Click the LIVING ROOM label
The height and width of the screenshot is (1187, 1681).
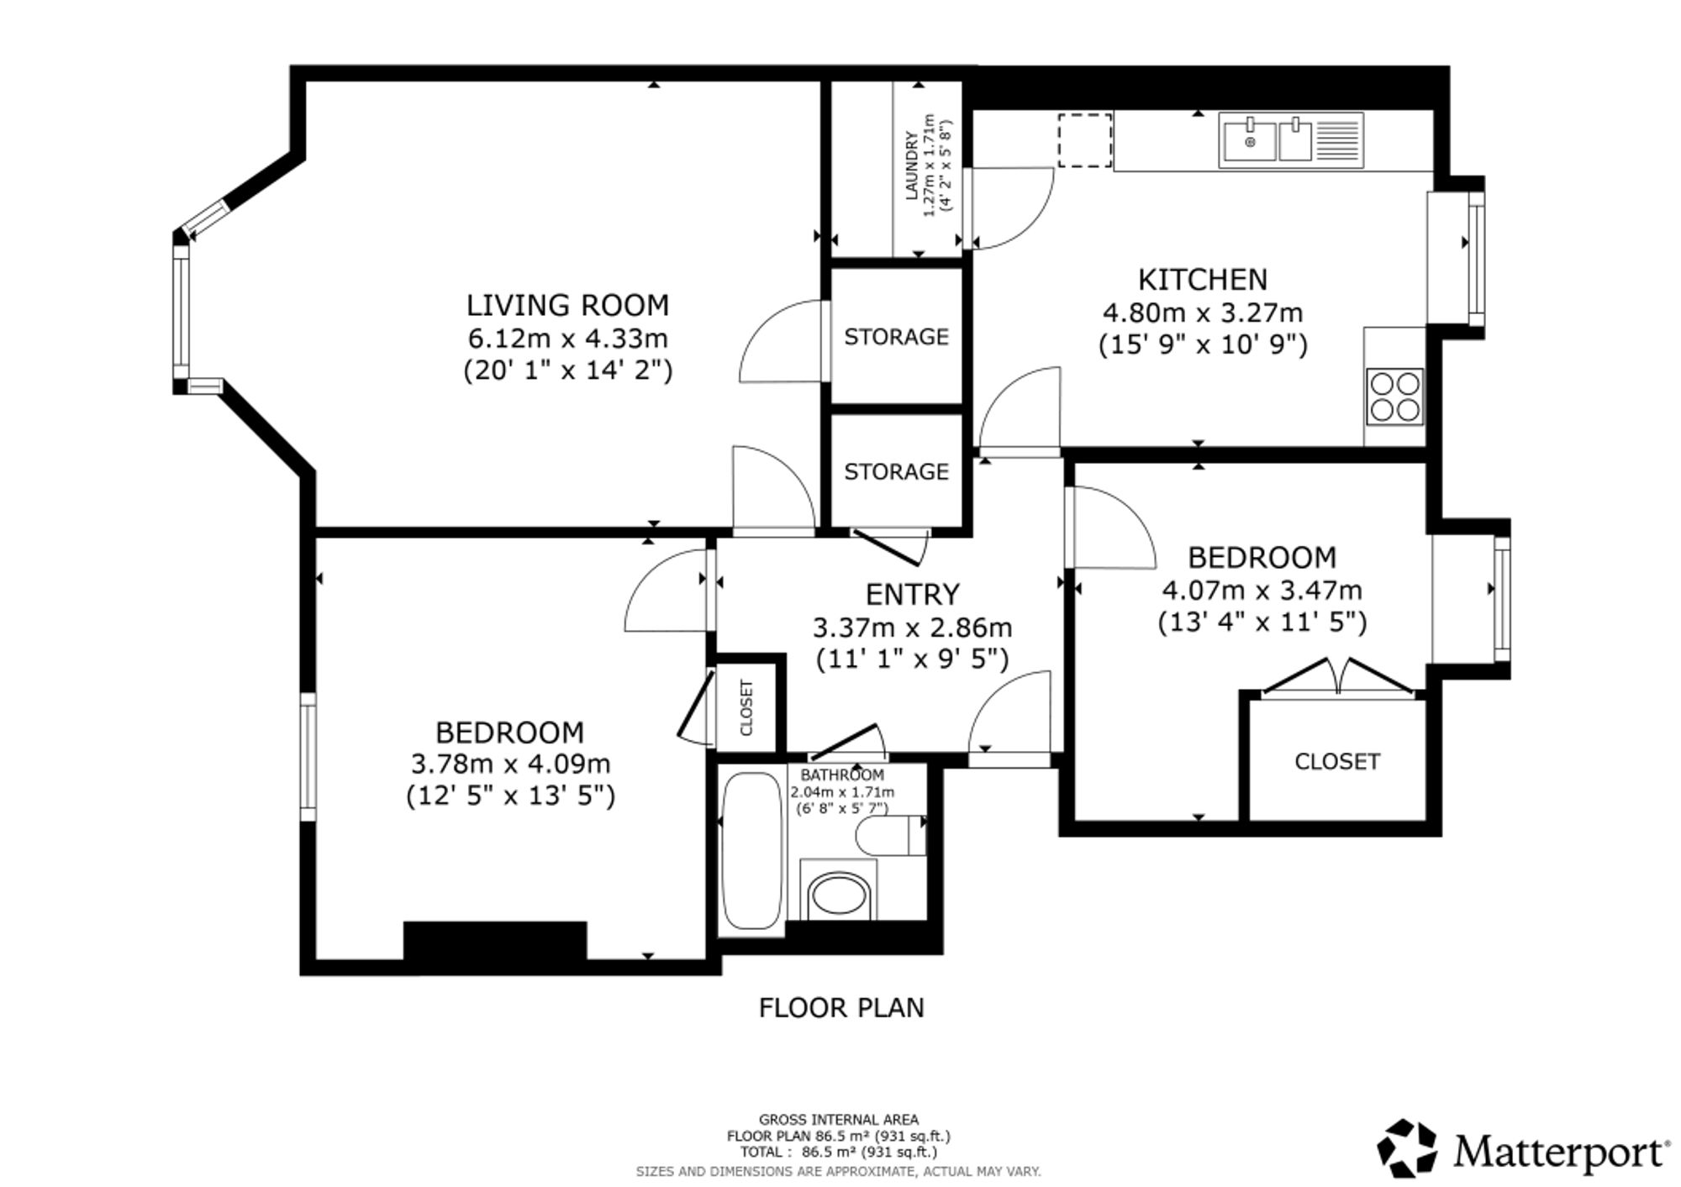pos(568,305)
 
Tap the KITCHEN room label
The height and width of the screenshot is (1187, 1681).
pos(1203,279)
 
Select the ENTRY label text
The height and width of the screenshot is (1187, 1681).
pos(913,595)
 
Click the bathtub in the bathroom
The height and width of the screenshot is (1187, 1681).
pos(752,851)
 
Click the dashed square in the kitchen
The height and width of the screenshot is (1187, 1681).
pos(1085,140)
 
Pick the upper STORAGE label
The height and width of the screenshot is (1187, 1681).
pos(896,337)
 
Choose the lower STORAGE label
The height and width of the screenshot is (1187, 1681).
pos(896,472)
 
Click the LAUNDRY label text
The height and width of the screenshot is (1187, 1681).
pos(911,165)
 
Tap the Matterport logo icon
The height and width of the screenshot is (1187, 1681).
pos(1407,1148)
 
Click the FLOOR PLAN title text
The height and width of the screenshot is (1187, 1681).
pos(841,1008)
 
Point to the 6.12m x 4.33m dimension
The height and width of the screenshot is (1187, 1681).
pos(568,339)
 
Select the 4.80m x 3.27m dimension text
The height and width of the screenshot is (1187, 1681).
pos(1203,313)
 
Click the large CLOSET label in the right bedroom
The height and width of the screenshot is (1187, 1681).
pos(1337,762)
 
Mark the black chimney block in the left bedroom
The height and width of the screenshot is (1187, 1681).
pos(495,942)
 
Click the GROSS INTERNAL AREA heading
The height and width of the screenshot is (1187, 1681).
pos(839,1120)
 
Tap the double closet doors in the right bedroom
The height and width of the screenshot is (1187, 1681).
pos(1338,677)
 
